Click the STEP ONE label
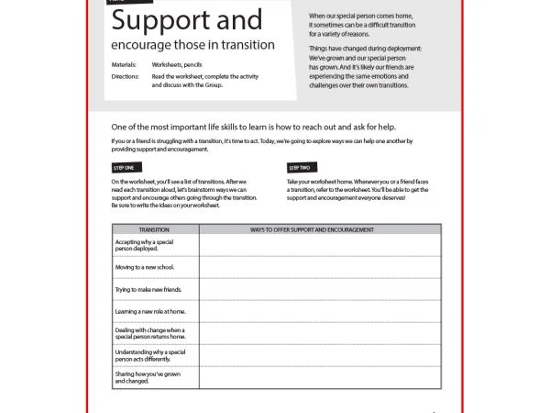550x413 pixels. click(123, 168)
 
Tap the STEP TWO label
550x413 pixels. click(300, 168)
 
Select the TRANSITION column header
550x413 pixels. click(153, 229)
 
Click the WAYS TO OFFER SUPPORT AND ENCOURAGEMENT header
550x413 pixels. click(319, 229)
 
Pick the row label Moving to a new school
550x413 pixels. click(145, 267)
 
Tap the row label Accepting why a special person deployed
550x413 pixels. click(149, 244)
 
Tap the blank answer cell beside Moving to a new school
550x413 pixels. click(319, 267)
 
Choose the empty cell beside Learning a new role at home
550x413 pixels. click(319, 311)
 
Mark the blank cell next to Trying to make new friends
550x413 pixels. click(319, 289)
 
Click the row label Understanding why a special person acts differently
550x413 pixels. click(150, 355)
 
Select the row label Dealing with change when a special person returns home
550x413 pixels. click(150, 333)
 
